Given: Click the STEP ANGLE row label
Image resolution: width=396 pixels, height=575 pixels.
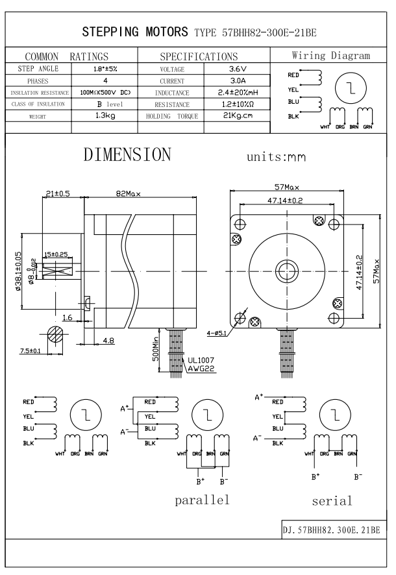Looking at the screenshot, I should pyautogui.click(x=39, y=69).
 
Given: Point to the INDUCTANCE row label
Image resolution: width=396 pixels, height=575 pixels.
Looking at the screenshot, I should pyautogui.click(x=172, y=93).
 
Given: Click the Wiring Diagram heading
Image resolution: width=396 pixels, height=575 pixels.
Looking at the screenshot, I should pyautogui.click(x=332, y=56).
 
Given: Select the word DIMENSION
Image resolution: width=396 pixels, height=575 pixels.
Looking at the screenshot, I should pyautogui.click(x=127, y=156).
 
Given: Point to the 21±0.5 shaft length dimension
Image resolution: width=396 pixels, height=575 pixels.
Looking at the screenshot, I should pyautogui.click(x=58, y=193).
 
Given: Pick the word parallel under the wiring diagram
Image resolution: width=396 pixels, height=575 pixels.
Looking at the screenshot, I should pyautogui.click(x=202, y=500).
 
